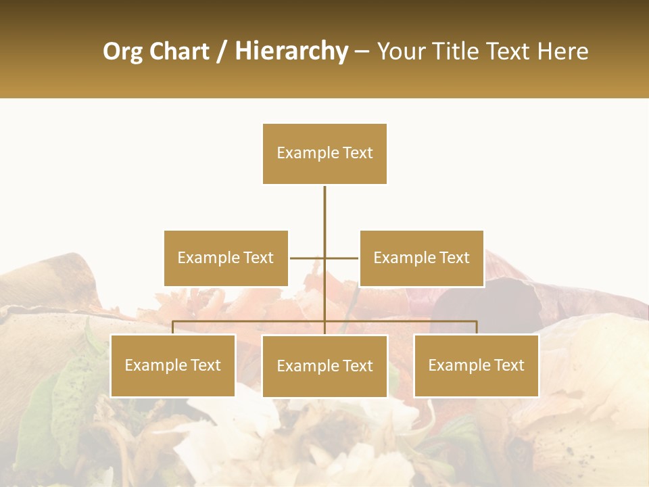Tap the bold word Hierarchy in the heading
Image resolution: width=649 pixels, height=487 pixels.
tap(291, 51)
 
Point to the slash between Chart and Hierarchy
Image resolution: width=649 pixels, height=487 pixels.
tap(222, 51)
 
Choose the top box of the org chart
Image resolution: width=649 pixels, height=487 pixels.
tap(324, 154)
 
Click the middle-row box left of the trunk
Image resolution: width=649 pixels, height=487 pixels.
tap(226, 258)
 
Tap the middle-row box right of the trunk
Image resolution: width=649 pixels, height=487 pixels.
tap(421, 258)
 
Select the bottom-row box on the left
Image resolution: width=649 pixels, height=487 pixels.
tap(173, 365)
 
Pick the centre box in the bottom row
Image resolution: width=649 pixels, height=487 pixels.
tap(324, 366)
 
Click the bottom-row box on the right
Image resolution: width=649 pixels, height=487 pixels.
tap(476, 365)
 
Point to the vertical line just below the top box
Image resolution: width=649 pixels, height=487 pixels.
tap(324, 203)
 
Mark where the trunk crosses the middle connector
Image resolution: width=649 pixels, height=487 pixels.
tap(324, 258)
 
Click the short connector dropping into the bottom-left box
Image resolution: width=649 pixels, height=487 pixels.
tap(173, 327)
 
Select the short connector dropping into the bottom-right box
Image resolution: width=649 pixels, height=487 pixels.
tap(477, 327)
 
